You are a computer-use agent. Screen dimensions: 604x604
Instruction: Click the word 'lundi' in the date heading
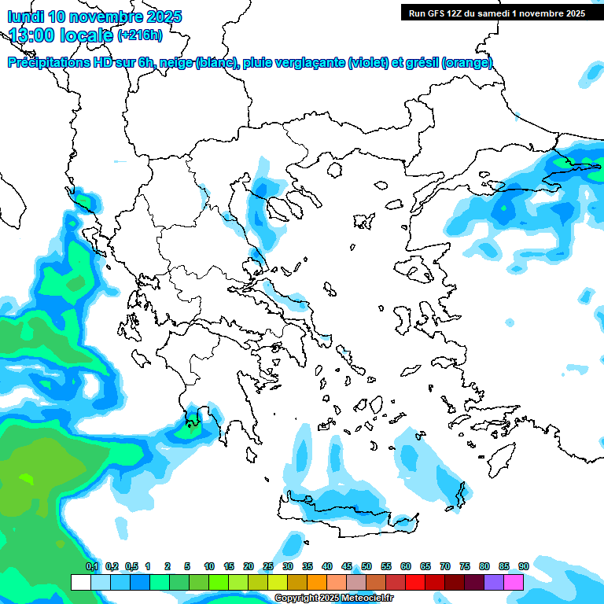[26, 17]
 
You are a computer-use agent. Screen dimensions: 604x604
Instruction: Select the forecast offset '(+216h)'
[140, 35]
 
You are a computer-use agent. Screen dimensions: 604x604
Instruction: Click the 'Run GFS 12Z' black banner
[496, 13]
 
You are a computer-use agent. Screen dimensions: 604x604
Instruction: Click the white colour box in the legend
[81, 582]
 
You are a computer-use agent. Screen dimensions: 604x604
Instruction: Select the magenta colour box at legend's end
[514, 582]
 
